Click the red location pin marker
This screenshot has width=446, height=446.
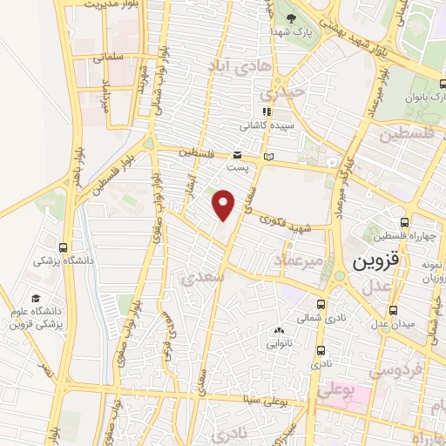[x=224, y=205]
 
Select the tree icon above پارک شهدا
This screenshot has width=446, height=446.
[x=292, y=17]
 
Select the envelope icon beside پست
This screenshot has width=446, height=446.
[x=267, y=156]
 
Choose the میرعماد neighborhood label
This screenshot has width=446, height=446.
[x=301, y=260]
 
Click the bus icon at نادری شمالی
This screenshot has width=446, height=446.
[x=321, y=304]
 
